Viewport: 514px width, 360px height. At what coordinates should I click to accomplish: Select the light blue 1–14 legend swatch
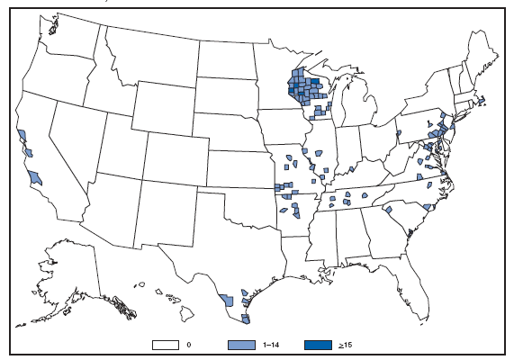pos(240,343)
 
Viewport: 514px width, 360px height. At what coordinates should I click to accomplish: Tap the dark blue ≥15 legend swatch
pos(315,343)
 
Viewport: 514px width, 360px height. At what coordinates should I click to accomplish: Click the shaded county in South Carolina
pos(390,210)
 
